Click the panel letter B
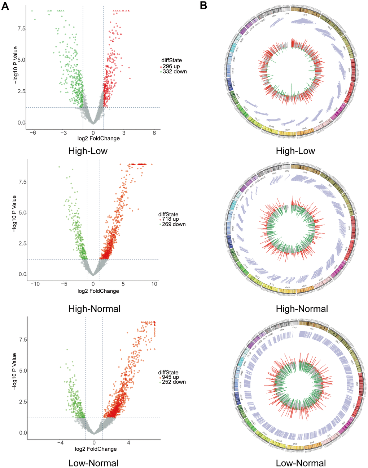tap(203, 5)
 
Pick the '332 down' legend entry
tap(175, 72)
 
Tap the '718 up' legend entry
tap(170, 219)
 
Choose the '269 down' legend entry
tap(174, 224)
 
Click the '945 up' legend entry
tap(170, 377)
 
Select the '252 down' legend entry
tap(174, 382)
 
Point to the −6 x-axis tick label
tap(32, 132)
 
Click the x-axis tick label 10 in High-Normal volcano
tap(154, 284)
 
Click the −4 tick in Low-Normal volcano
tap(60, 442)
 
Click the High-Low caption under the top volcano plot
tap(88, 151)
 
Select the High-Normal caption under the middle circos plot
tap(302, 309)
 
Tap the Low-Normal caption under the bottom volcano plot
tap(93, 463)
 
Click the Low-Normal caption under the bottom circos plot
tap(301, 463)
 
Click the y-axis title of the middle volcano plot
tap(14, 213)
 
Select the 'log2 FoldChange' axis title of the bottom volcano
tap(96, 449)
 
